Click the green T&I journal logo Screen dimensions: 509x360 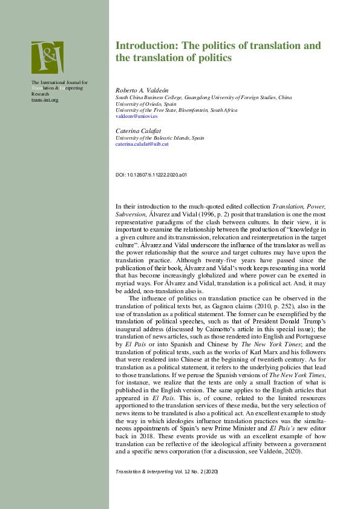tap(47, 57)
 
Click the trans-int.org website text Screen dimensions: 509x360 tap(45, 100)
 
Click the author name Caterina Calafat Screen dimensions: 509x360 tap(134, 131)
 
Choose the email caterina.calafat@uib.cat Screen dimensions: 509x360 tap(142, 144)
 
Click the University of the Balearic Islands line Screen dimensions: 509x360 tap(160, 138)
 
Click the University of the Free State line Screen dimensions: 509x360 tap(176, 110)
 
